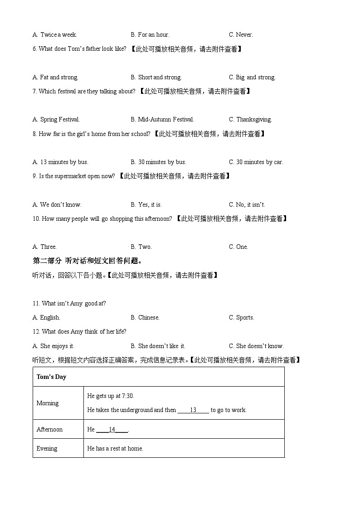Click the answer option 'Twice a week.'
[55, 34]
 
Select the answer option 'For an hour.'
[150, 34]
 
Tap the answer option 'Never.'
[241, 34]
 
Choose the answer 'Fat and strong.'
[55, 77]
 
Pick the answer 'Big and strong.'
[252, 77]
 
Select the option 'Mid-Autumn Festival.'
[162, 120]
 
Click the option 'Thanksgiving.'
[250, 120]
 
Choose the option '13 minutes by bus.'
[60, 162]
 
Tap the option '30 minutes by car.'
[256, 162]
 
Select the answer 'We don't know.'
[57, 204]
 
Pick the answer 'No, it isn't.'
[247, 204]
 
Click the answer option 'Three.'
[45, 247]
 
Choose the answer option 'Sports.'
[241, 317]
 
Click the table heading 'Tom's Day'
[51, 377]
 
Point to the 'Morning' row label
[48, 403]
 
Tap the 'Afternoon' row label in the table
[49, 429]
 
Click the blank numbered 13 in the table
[193, 410]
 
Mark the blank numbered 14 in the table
[112, 429]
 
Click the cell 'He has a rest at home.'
[115, 448]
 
